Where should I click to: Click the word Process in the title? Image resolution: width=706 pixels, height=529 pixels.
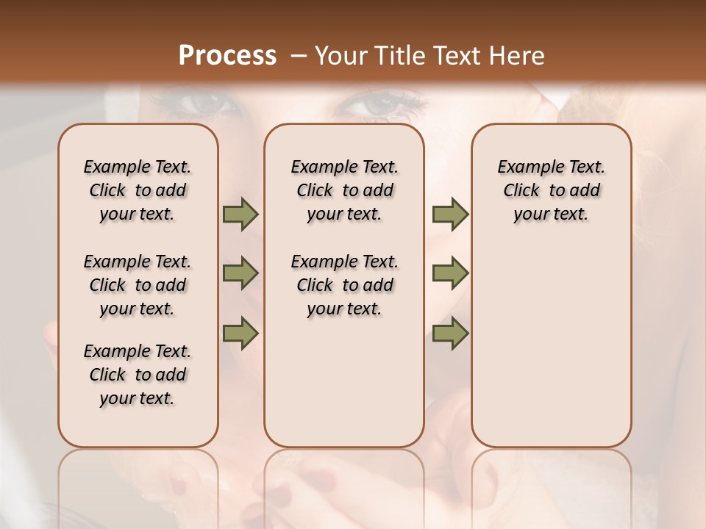[x=227, y=56]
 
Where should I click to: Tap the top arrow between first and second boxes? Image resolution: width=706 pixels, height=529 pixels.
[x=240, y=215]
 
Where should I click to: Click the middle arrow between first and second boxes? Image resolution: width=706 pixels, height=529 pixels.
[x=240, y=273]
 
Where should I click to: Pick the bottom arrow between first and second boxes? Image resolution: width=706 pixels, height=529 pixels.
[x=240, y=332]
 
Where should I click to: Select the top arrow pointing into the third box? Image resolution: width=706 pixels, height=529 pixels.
[x=450, y=215]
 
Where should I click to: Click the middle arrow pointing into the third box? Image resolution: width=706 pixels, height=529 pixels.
[x=450, y=273]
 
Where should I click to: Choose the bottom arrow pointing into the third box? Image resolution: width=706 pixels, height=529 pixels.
[x=450, y=332]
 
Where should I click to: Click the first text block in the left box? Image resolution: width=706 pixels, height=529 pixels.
[x=138, y=190]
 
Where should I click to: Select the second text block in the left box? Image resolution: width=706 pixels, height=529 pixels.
[x=138, y=285]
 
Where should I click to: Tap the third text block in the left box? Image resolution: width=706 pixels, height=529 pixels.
[x=138, y=375]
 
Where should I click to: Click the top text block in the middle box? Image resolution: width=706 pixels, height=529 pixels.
[x=344, y=190]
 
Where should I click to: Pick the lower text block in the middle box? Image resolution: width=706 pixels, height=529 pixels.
[x=344, y=285]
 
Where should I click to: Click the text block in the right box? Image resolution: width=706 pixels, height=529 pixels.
[x=552, y=190]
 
